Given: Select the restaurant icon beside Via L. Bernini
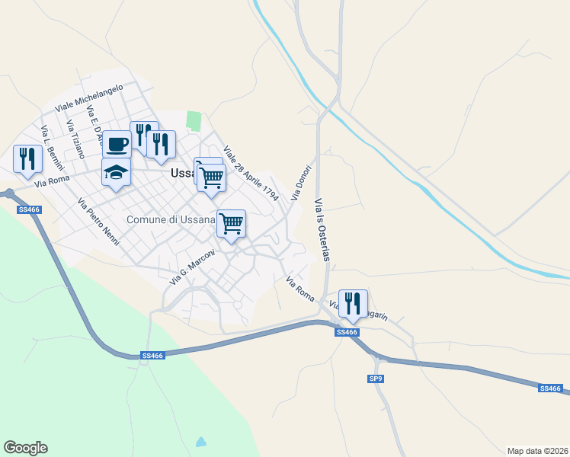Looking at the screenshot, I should pyautogui.click(x=27, y=158).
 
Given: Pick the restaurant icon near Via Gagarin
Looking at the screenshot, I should pyautogui.click(x=353, y=302).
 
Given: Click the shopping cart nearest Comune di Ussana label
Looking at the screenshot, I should pyautogui.click(x=231, y=223).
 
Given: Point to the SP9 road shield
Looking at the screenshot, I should pyautogui.click(x=376, y=379).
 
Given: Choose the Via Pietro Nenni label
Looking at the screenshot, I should pyautogui.click(x=99, y=221).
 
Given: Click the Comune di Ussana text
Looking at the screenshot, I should pyautogui.click(x=171, y=220).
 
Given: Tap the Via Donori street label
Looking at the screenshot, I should pyautogui.click(x=302, y=182).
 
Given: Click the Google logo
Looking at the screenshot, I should pyautogui.click(x=25, y=448).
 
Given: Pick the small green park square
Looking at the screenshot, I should pyautogui.click(x=194, y=121).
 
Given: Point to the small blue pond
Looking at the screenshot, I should pyautogui.click(x=200, y=442).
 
